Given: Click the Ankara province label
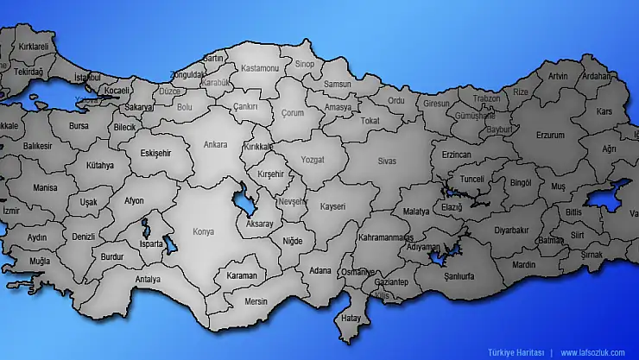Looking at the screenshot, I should coord(215,144).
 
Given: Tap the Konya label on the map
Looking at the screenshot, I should coord(203,231).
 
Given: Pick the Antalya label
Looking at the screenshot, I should coord(148,279).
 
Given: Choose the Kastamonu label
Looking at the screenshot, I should coord(260,67).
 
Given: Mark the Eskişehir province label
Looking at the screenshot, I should coord(155,153).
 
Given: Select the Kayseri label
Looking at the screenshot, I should coord(332,207).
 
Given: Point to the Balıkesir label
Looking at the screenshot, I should coord(37,146).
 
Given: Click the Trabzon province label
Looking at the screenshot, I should coord(486,98).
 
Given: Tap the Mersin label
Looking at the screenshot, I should coord(256,301).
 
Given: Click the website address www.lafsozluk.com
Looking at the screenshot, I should coord(592,352).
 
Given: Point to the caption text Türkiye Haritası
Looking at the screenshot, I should coord(516,352).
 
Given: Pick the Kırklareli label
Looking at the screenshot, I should coord(29,46).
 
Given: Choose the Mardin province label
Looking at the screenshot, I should coord(524,265).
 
